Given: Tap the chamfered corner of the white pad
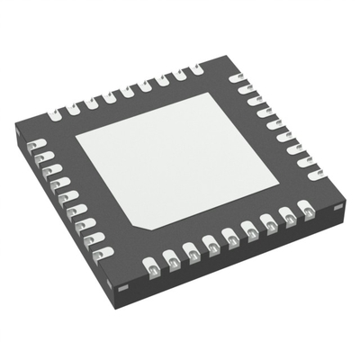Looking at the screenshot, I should click(x=135, y=221).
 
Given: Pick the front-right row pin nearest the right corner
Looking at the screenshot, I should click(x=308, y=211).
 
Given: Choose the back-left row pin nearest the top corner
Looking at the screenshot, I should click(x=194, y=68).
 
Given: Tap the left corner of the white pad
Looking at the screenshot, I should click(x=76, y=138).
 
